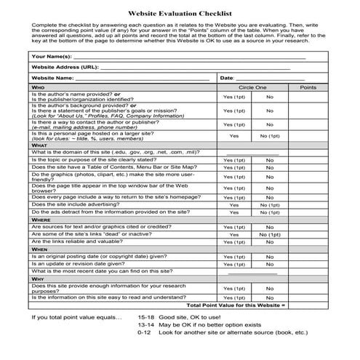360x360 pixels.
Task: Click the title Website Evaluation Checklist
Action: (x=180, y=13)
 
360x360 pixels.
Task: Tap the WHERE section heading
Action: (x=41, y=219)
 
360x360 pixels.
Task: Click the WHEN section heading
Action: (x=39, y=249)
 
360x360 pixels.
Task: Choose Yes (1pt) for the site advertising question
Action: (x=234, y=204)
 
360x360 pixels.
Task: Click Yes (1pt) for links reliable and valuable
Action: (x=234, y=242)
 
